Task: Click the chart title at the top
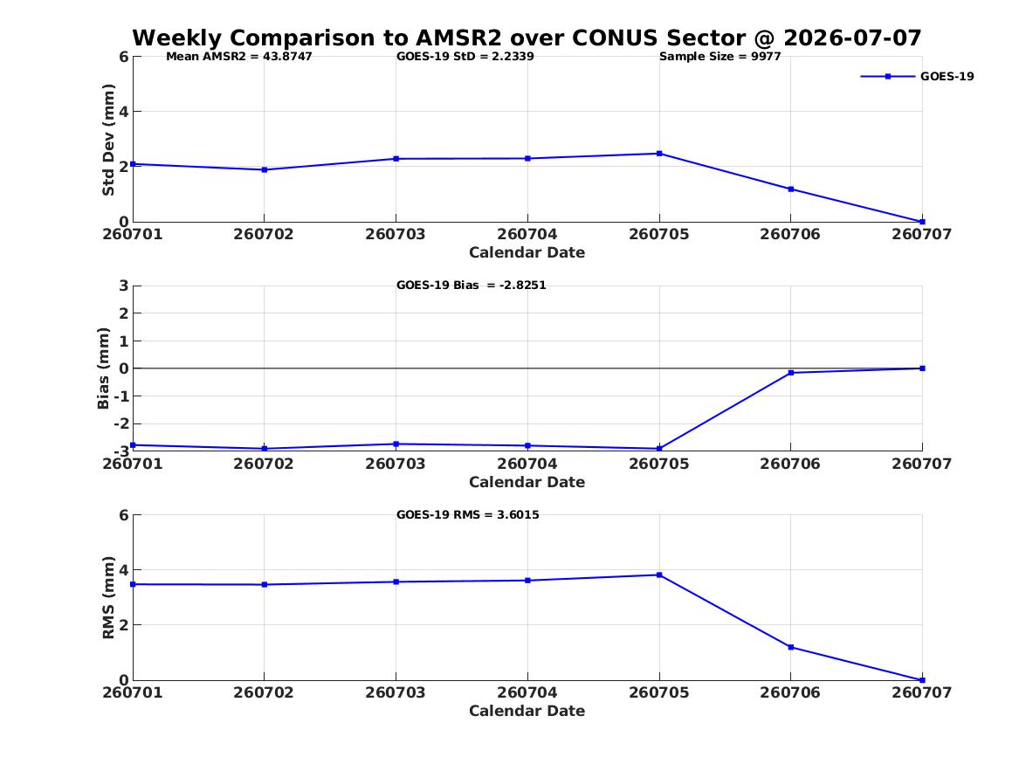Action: coord(527,38)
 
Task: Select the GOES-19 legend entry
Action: coord(917,76)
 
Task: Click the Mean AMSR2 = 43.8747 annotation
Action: coord(239,57)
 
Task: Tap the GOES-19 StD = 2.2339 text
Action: coord(465,57)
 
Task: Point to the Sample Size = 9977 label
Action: coord(720,57)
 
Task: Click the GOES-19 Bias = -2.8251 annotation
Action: coord(472,286)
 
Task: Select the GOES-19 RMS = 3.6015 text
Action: coord(468,514)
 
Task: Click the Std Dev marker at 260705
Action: coord(659,154)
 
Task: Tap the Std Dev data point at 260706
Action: coord(791,189)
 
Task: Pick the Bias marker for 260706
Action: coord(791,373)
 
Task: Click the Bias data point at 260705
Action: coord(659,448)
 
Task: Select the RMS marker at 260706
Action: coord(791,647)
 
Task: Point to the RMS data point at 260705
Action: coord(659,575)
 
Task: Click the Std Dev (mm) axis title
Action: coord(108,140)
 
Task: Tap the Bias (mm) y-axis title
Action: coord(103,368)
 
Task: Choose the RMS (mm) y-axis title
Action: coord(108,598)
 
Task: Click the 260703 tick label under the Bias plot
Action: coord(396,464)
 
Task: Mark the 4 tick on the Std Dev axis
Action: coord(123,112)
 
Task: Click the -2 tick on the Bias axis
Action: coord(120,423)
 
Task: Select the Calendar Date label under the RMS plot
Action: coord(527,711)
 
